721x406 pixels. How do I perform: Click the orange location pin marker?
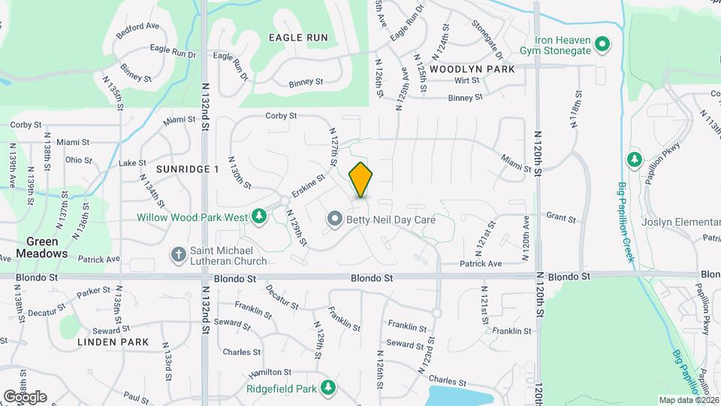pos(360,180)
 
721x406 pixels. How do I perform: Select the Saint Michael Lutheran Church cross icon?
pos(179,254)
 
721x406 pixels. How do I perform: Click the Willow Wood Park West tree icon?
pos(259,217)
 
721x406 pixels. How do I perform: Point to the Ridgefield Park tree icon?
pos(327,387)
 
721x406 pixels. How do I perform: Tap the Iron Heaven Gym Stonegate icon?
pos(602,45)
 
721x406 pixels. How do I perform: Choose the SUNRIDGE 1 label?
pos(187,169)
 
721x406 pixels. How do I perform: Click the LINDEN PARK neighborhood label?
pos(113,342)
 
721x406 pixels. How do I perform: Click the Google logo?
pos(24,396)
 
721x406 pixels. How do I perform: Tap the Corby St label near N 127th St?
pos(282,116)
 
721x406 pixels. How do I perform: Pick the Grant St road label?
pos(560,220)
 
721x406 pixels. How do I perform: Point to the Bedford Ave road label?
pos(138,30)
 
